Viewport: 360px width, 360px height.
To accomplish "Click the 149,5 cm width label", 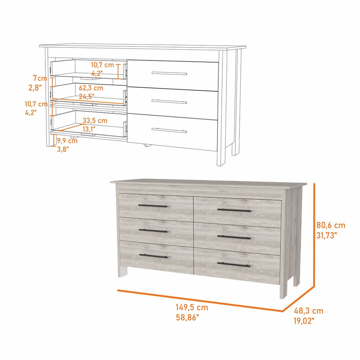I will (192, 308).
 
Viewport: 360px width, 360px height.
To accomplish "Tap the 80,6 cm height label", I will (331, 226).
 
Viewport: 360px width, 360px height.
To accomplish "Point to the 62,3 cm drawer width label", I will (91, 88).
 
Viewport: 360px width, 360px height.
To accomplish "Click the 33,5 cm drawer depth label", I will (95, 121).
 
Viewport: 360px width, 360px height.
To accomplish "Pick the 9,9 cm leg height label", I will (67, 141).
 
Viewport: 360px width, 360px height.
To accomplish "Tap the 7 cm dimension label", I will (40, 78).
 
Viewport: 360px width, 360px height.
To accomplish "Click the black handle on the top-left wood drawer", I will (153, 206).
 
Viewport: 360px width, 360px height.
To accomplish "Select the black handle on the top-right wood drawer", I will (234, 210).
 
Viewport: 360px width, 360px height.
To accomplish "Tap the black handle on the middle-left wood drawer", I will (153, 230).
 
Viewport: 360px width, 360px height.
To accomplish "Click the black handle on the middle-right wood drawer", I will (234, 237).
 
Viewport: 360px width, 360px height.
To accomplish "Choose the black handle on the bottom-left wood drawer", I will (153, 256).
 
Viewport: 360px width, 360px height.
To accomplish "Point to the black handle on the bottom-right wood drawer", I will (234, 265).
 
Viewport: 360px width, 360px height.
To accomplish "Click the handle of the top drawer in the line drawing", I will (169, 73).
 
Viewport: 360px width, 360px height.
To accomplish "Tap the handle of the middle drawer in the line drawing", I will (169, 102).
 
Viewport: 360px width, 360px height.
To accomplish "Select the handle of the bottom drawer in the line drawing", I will (169, 130).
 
